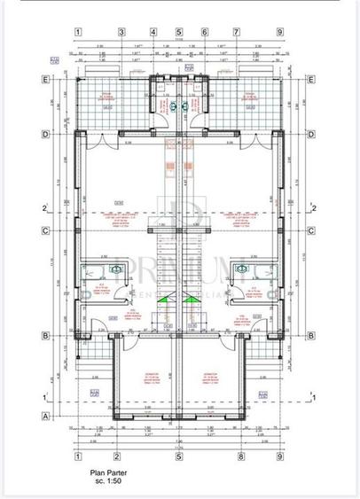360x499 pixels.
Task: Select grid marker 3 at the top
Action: pyautogui.click(x=153, y=33)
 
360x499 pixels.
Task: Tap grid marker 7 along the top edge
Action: pyautogui.click(x=237, y=33)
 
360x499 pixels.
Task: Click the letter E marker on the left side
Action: pyautogui.click(x=45, y=78)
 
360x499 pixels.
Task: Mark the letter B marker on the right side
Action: pyautogui.click(x=311, y=335)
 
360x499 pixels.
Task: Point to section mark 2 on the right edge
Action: pyautogui.click(x=314, y=208)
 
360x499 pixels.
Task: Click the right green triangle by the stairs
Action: pyautogui.click(x=193, y=304)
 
